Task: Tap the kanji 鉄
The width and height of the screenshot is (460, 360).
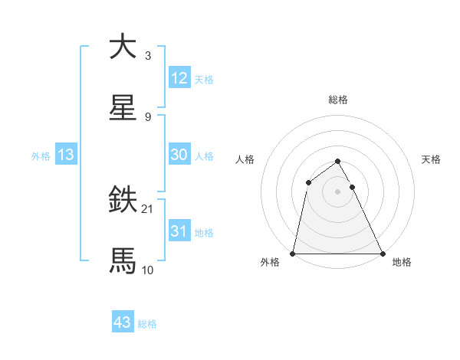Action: point(123,201)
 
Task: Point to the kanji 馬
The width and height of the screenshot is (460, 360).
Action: point(123,260)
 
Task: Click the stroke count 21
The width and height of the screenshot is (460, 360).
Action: point(148,208)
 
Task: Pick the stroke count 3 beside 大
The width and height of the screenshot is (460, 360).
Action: point(148,55)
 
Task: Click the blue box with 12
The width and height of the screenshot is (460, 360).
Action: point(179,78)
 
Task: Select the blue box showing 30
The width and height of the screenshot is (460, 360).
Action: point(179,155)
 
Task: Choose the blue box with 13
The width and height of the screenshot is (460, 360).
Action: point(66,155)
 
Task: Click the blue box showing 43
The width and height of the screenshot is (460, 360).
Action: point(123,322)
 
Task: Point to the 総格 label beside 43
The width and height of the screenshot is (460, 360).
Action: point(148,324)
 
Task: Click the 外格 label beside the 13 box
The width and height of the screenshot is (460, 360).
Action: point(41,156)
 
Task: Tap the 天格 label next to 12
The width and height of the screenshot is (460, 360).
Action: point(204,80)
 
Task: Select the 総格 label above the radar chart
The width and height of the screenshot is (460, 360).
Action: point(338,100)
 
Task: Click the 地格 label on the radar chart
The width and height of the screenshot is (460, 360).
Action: point(402,262)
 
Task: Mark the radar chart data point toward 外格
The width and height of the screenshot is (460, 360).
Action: point(293,253)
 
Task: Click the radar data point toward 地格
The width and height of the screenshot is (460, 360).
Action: point(382,253)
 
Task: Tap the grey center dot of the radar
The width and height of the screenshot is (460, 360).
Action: point(337,191)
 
